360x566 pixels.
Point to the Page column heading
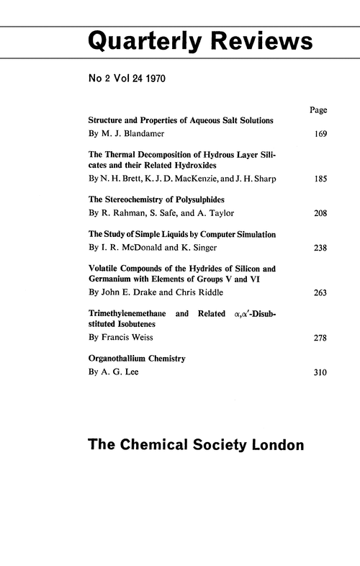coord(318,110)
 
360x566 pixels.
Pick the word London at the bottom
coord(277,445)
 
